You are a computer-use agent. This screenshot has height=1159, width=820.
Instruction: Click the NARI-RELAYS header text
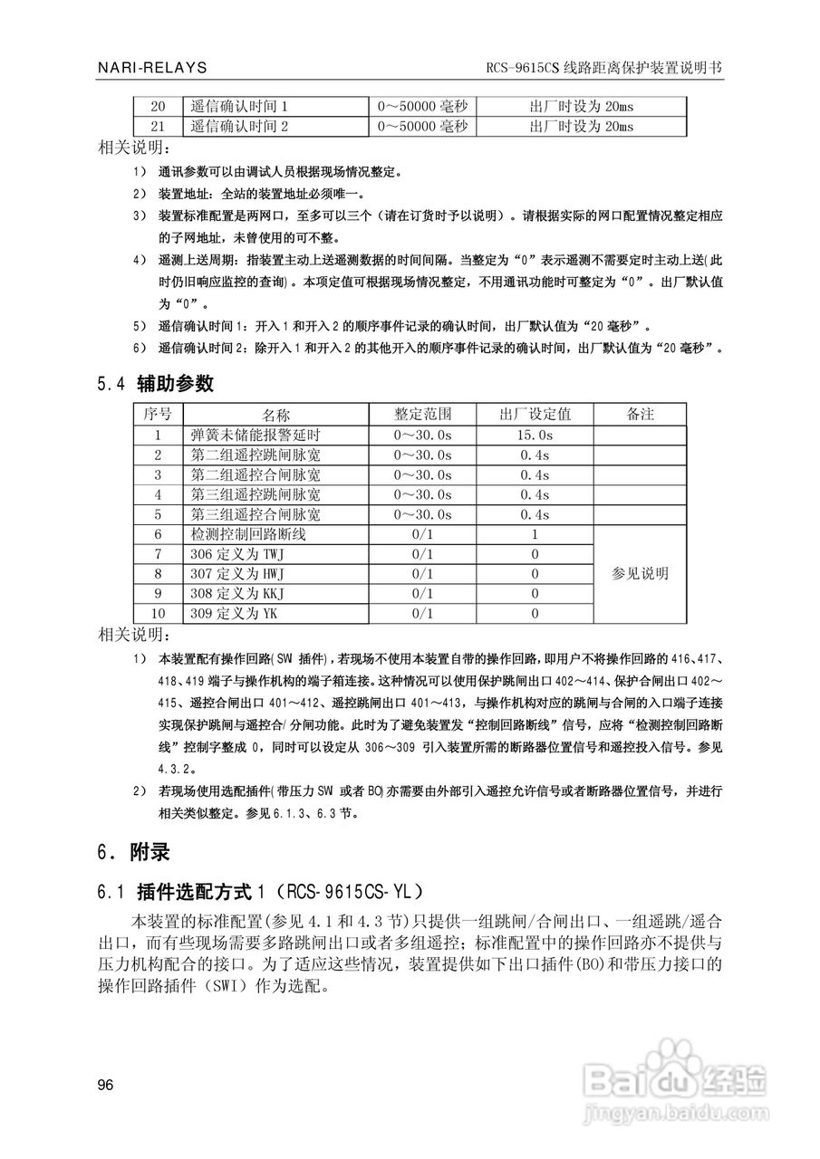click(152, 68)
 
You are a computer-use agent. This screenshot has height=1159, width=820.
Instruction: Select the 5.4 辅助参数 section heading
click(155, 384)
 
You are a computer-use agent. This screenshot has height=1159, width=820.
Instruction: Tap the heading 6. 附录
click(133, 852)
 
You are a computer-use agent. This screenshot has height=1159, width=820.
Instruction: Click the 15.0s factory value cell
click(535, 435)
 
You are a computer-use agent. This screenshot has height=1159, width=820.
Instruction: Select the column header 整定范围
click(421, 414)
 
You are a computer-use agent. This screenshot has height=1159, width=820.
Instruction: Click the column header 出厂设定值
click(535, 414)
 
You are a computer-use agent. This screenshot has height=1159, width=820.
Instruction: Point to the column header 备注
click(640, 414)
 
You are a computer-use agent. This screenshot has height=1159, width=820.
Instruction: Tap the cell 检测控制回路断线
click(249, 534)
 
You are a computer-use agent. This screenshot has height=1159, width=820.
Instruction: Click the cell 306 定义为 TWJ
click(237, 554)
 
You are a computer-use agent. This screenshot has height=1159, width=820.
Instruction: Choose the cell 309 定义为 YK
click(234, 614)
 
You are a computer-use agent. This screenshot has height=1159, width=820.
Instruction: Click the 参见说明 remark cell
click(640, 574)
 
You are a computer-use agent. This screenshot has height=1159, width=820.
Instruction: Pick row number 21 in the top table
click(158, 126)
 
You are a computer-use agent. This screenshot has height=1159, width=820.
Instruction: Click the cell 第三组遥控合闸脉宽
click(256, 514)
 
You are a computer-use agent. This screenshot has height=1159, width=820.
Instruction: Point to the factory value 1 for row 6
click(535, 534)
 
